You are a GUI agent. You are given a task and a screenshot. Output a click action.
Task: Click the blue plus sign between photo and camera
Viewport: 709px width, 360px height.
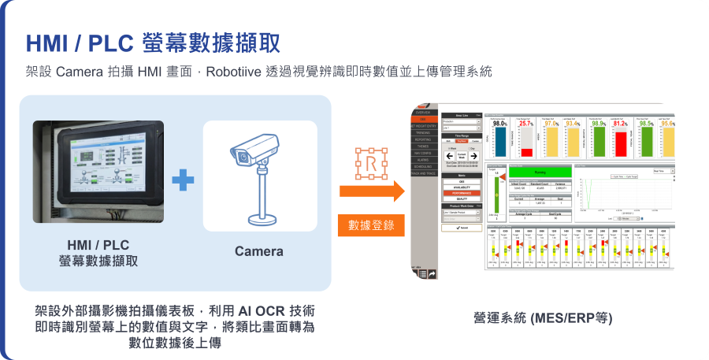point(183,180)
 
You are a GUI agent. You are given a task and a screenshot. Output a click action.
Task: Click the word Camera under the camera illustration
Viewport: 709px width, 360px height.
point(259,251)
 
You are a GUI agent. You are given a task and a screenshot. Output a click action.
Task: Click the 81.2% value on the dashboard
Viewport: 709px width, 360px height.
point(620,124)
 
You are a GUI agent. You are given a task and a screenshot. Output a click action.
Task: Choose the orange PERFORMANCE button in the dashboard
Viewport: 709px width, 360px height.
point(462,192)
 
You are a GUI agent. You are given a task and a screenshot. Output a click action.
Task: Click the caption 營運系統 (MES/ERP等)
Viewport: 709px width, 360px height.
point(543,318)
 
